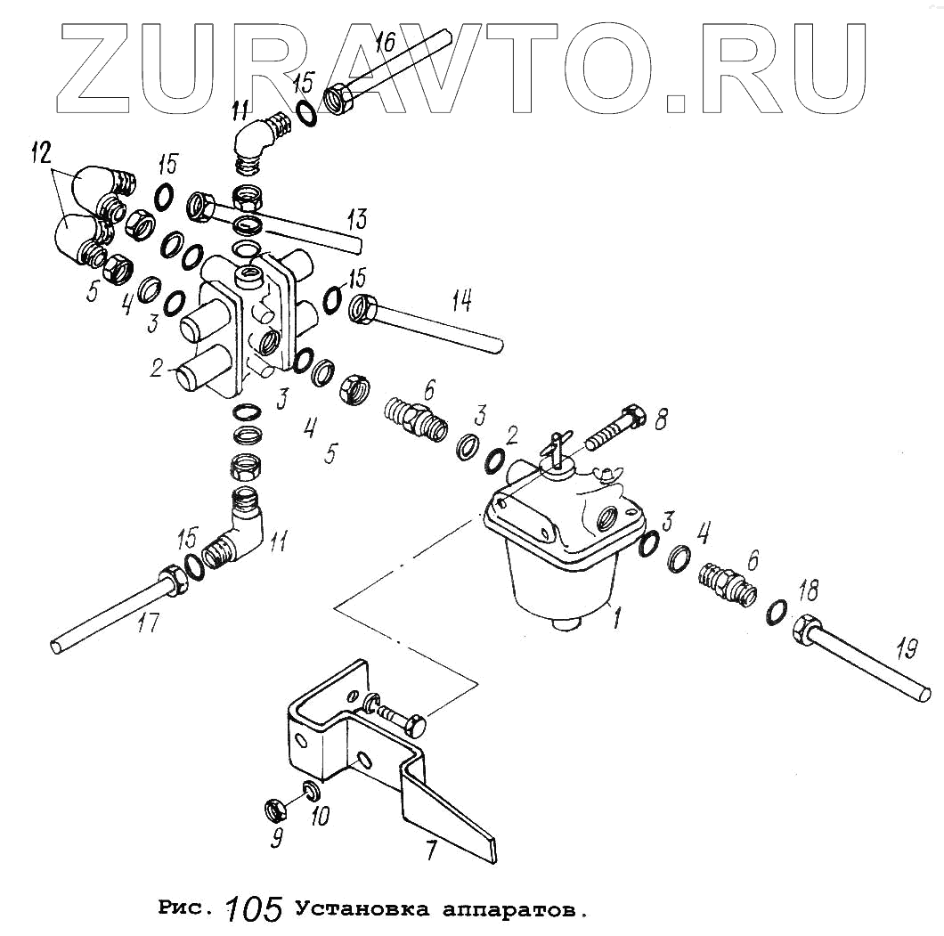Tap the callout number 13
[356, 218]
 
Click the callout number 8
[660, 419]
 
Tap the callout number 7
[431, 850]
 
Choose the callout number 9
[278, 838]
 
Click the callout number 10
[319, 816]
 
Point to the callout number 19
[906, 650]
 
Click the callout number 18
[809, 591]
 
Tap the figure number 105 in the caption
[254, 908]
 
